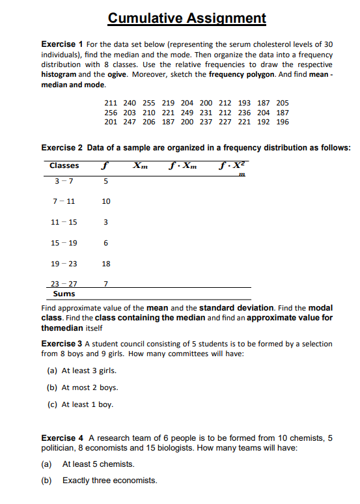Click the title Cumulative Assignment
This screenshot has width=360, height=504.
[x=187, y=18]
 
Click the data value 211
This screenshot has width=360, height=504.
[x=111, y=103]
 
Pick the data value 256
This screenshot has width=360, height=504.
[x=111, y=112]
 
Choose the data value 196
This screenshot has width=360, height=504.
[x=282, y=122]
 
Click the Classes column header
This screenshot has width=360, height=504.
[x=64, y=165]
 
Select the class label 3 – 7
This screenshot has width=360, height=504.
[x=63, y=181]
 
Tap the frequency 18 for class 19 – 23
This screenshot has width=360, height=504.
[x=106, y=264]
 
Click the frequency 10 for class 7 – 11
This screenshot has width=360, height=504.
[x=106, y=202]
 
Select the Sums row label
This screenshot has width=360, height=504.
[x=62, y=294]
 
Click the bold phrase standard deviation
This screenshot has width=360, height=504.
[x=237, y=307]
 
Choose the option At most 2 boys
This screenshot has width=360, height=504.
[x=90, y=387]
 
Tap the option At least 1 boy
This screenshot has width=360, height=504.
[x=87, y=404]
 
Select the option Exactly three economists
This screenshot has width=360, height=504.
[x=109, y=481]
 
